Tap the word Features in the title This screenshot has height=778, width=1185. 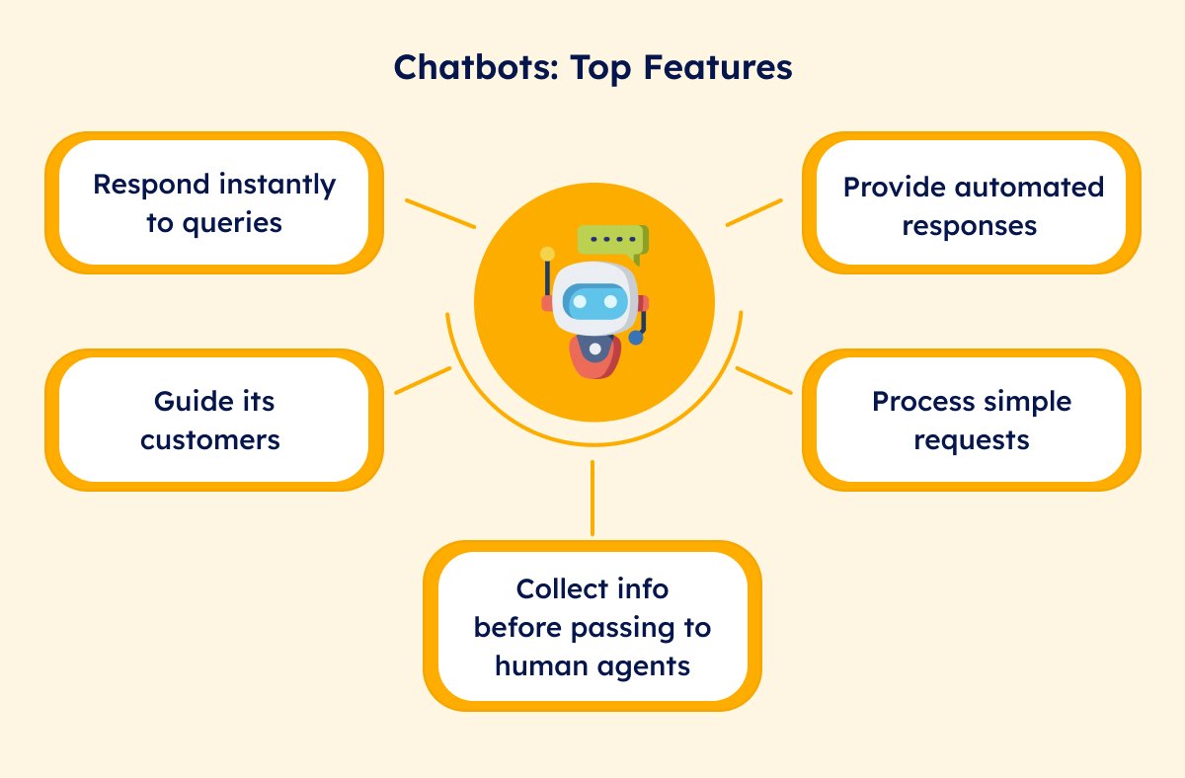tap(717, 67)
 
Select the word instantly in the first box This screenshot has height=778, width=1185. tap(277, 186)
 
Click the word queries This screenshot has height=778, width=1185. tap(232, 224)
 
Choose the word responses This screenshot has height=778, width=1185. tap(969, 227)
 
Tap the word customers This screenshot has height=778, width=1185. tap(210, 440)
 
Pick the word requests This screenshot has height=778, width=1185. tap(972, 441)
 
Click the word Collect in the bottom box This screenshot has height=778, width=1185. tap(554, 588)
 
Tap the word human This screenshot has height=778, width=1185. tap(541, 665)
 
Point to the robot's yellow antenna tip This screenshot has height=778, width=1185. tap(547, 254)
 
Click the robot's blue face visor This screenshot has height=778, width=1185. tap(595, 301)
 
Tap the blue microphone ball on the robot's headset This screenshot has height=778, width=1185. tap(636, 337)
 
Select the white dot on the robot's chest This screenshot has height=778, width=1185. tap(595, 350)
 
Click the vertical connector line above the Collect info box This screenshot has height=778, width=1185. tap(592, 498)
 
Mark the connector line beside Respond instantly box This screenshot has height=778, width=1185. tap(440, 213)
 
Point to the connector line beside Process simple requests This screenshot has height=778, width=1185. tap(764, 380)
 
